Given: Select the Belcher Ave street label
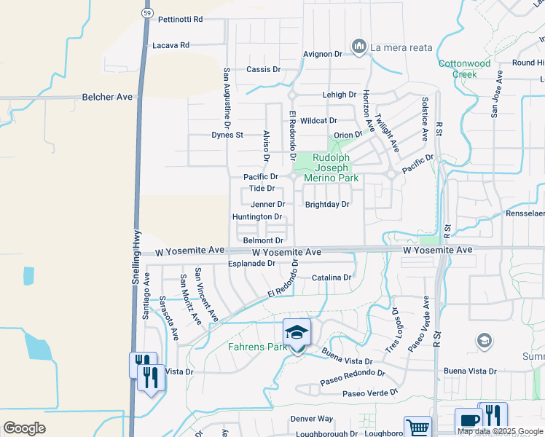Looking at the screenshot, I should coord(107,96).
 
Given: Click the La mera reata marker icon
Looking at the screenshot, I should coord(358,47).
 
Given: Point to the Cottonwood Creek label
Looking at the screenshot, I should coord(463,68).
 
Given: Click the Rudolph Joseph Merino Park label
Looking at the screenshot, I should coord(336,168).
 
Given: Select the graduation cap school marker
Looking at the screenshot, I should coord(297,332).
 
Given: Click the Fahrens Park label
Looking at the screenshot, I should coord(257,347).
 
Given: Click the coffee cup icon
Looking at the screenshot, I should coord(468,420).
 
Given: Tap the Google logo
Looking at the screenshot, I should coord(24,428).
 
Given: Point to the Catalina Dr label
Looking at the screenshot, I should coord(332,277).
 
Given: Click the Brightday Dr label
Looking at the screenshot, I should coord(327,205).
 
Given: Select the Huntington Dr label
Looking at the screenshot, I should coord(257,217).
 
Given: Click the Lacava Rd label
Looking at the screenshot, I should coord(170,45).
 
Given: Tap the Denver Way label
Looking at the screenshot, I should coord(311,419).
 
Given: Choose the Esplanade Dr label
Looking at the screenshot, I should coord(251,264).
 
